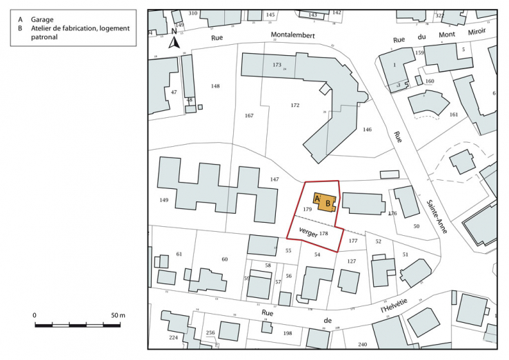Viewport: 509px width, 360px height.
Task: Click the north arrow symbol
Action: tap(175, 42)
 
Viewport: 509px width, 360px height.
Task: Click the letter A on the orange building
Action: tap(317, 199)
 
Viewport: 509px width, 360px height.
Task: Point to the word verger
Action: tap(308, 232)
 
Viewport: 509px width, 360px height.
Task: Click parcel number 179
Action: tap(308, 208)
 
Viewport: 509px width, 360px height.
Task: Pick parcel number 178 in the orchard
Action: tap(323, 234)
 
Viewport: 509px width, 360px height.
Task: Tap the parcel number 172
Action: tap(295, 106)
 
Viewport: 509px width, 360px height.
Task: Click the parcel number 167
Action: tap(250, 116)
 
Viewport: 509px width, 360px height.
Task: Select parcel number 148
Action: tap(215, 86)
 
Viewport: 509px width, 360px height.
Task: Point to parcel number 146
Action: tap(368, 130)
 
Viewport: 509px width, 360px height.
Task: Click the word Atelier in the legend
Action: tap(43, 29)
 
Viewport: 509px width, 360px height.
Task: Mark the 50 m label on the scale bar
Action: tap(118, 315)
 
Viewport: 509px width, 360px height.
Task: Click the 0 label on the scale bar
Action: tap(34, 315)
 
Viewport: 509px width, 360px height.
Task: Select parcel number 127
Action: tap(352, 261)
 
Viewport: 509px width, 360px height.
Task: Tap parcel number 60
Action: tap(224, 259)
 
